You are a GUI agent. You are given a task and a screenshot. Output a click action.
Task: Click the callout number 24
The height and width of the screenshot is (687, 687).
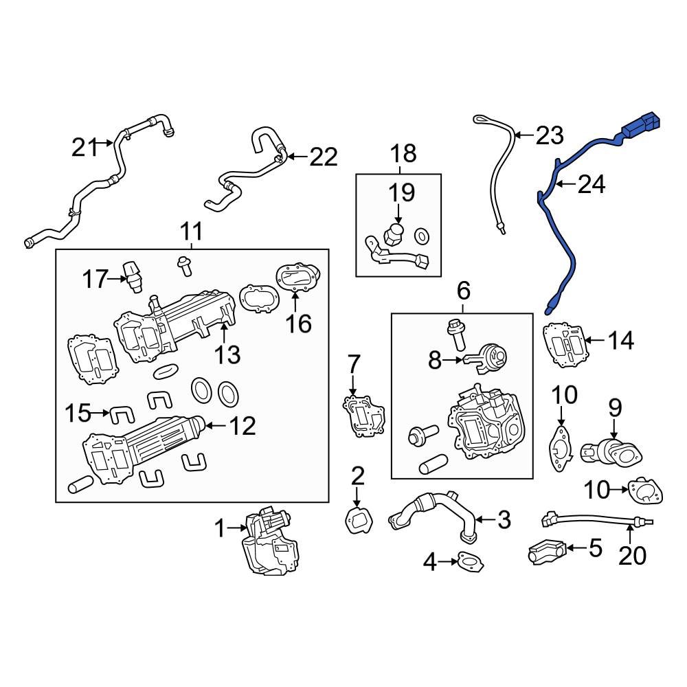pos(591,184)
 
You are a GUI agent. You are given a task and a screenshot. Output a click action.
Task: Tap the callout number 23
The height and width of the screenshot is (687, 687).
pos(550,135)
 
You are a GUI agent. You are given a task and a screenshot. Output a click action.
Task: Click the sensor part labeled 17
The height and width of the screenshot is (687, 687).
pos(132,274)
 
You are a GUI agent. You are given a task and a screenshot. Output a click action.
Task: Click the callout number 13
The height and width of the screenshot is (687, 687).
pos(226,354)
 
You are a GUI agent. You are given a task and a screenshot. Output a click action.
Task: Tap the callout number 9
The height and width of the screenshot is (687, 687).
pos(613,407)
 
